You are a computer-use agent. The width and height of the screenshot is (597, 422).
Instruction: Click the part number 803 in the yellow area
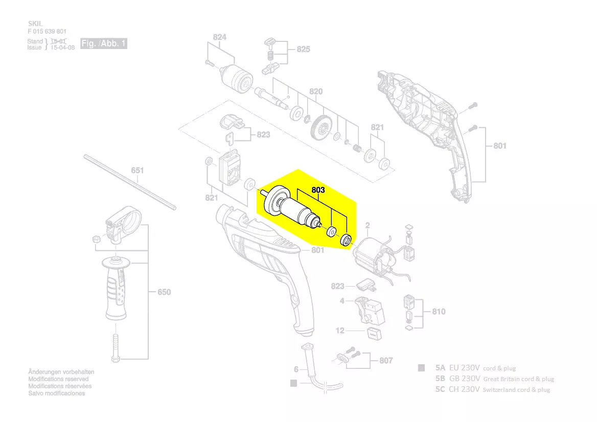(x=318, y=190)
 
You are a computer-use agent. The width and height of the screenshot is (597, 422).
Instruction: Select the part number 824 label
(x=220, y=37)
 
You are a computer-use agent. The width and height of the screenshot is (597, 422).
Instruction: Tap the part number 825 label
(x=303, y=50)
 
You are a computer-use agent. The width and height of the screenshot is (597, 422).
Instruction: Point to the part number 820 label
(x=316, y=92)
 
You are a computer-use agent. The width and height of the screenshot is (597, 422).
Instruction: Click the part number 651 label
(x=137, y=170)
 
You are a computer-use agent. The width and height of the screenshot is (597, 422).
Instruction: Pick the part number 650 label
(x=164, y=292)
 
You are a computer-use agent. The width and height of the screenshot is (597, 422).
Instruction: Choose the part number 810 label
(x=438, y=311)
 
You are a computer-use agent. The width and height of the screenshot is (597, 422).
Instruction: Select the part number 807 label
(x=386, y=361)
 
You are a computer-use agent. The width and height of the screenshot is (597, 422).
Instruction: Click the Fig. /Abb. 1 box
(x=104, y=44)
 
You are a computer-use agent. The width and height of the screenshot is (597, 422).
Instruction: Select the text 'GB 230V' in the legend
(x=464, y=379)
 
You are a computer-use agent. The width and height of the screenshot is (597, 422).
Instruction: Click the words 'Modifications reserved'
(x=58, y=379)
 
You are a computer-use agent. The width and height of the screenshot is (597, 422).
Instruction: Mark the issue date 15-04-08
(x=63, y=48)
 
